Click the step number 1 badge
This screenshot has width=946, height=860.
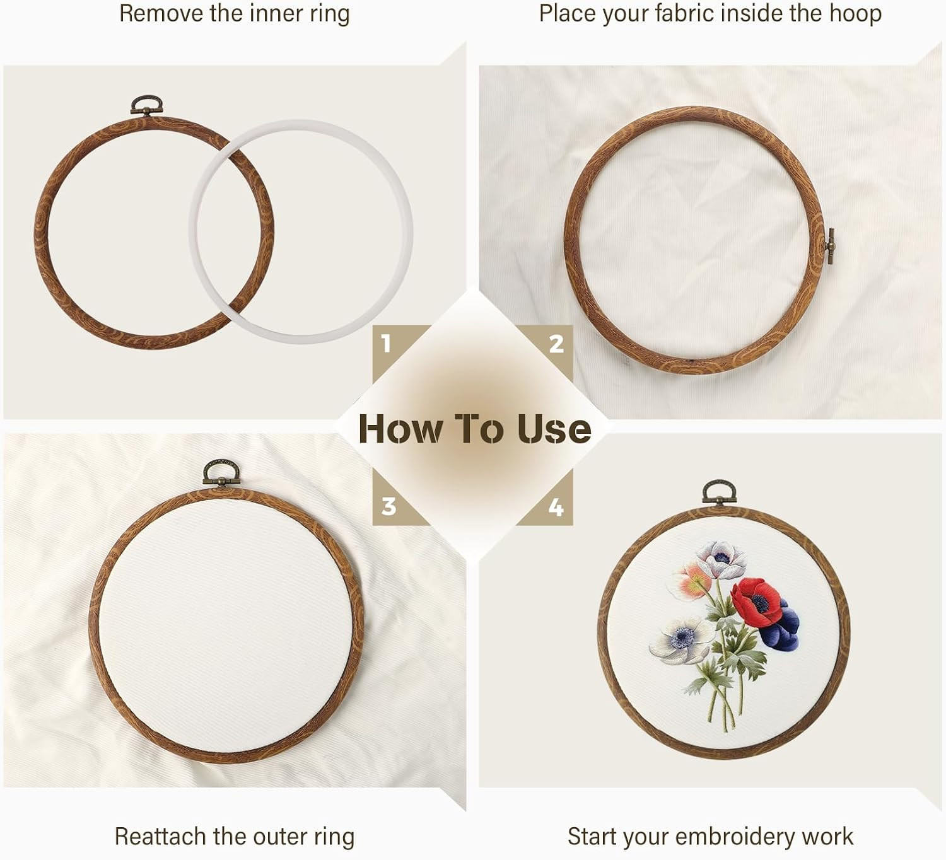point(387,343)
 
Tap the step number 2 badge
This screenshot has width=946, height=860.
point(556,344)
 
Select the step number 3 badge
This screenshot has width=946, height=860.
point(388,506)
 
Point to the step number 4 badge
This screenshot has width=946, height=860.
point(556,507)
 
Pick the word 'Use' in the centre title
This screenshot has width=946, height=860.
point(554,429)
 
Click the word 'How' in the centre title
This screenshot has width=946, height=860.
point(401,429)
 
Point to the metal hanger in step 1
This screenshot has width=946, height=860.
point(146,106)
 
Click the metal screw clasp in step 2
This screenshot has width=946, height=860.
point(829,246)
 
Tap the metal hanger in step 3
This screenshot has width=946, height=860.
point(221,472)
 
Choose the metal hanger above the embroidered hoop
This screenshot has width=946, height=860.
point(719,493)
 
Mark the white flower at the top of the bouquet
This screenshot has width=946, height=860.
point(721,559)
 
